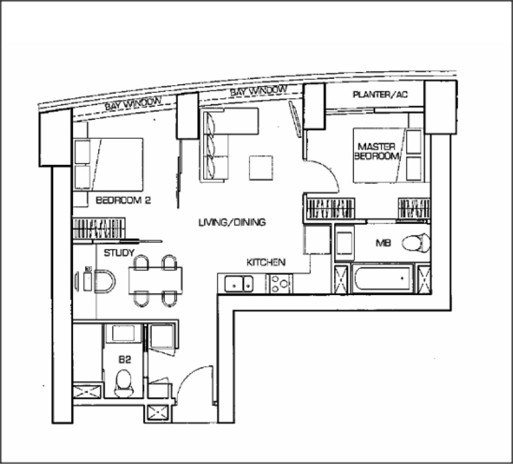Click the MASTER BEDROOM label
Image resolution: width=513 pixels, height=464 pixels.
tap(376, 151)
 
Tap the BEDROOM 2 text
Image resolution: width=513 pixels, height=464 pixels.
tap(123, 200)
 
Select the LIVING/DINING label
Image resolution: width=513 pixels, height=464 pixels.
tap(232, 223)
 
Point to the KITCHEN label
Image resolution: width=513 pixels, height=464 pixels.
tap(265, 262)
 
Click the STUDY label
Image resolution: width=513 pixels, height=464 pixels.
tap(119, 253)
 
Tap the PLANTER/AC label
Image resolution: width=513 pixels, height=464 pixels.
tap(380, 94)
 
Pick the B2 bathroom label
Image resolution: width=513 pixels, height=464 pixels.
tap(124, 359)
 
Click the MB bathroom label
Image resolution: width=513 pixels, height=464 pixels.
tap(383, 243)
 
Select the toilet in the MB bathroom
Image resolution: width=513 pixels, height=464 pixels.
tap(416, 243)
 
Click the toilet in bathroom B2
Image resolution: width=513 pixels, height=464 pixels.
tap(124, 383)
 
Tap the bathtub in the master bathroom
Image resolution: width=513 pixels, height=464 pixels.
tap(383, 278)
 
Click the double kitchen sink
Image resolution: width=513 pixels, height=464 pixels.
tap(239, 284)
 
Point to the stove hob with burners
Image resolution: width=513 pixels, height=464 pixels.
tap(280, 284)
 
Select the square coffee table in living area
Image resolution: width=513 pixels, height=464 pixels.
tap(261, 168)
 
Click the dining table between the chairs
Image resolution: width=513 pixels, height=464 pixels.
tap(155, 280)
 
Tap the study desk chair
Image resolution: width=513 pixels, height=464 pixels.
tap(105, 281)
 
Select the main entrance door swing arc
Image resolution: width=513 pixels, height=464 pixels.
tap(188, 376)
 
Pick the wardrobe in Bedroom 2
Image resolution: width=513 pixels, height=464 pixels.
tap(99, 228)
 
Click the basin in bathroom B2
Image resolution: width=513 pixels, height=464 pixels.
tap(123, 333)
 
